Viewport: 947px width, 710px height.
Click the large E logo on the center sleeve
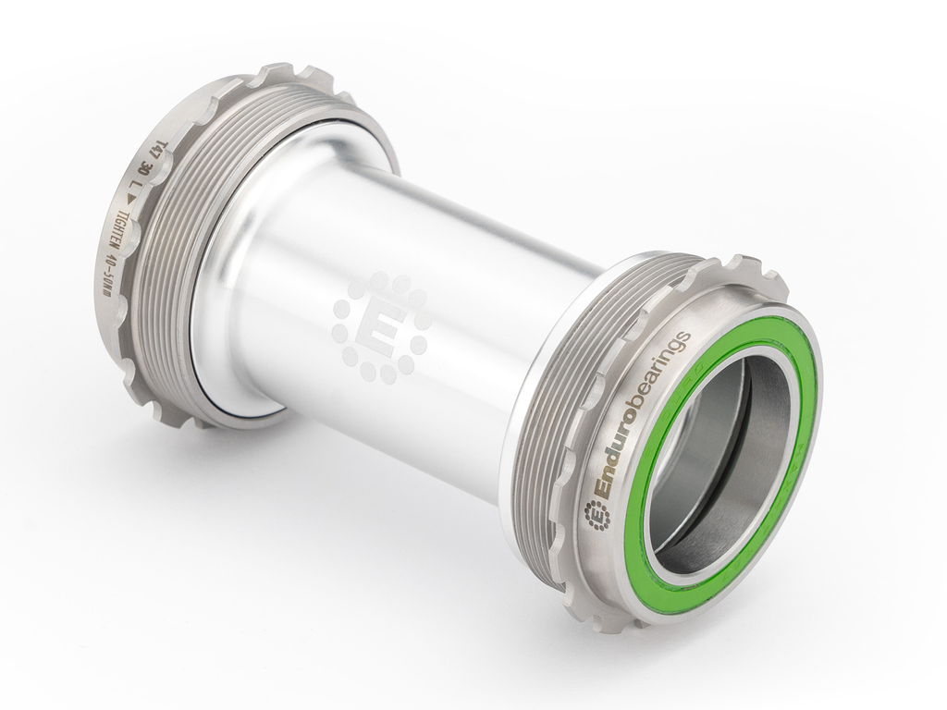[380, 328]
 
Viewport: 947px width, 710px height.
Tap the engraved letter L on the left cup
[135, 194]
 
